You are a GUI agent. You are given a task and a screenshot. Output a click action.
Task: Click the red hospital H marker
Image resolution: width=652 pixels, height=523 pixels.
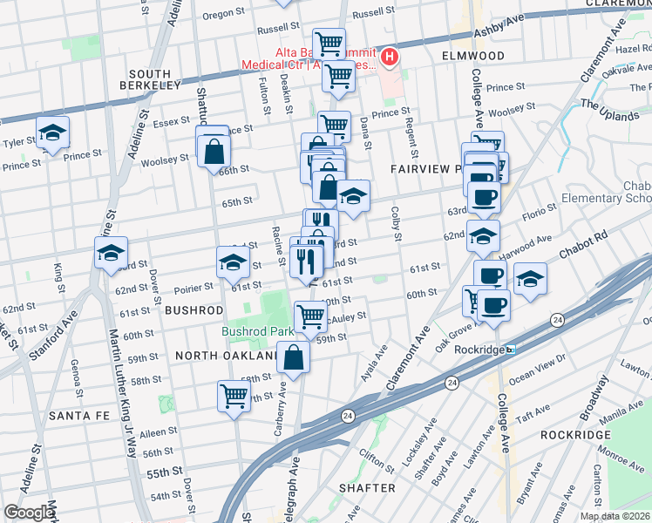390,58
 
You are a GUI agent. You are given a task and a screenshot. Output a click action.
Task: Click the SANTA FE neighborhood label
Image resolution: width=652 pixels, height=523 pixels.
79,416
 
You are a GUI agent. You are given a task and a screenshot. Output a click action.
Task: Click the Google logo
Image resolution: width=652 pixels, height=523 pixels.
29,513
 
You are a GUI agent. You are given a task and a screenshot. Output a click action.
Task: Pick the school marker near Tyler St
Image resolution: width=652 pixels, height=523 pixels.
52,133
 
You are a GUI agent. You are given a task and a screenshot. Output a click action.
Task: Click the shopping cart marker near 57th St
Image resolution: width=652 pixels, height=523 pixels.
234,396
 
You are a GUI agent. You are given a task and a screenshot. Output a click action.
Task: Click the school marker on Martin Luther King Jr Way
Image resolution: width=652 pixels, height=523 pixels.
112,254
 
